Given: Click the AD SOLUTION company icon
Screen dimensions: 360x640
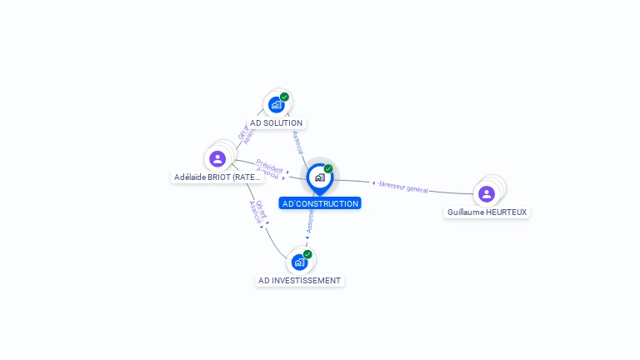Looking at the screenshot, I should pos(276,105).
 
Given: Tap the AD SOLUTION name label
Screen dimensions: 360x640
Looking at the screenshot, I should pos(276,122).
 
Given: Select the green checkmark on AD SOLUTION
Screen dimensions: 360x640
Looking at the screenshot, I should pos(284,97).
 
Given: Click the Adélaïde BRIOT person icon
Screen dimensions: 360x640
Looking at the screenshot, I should pos(217,158).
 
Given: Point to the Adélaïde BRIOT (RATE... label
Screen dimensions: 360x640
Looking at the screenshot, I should pos(217,177).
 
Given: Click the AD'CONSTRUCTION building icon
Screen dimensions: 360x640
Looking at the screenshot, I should pos(319,177).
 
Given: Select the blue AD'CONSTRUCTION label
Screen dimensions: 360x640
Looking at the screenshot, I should pos(320,203).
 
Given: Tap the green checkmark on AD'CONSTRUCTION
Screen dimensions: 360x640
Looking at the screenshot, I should pos(328,169).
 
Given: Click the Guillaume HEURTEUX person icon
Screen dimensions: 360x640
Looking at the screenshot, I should pos(487,193).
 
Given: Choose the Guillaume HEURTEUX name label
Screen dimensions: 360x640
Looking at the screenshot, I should pos(487,212).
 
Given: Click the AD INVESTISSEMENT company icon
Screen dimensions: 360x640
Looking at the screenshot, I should pos(299,262).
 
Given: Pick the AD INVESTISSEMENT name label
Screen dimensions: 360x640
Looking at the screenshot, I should pos(299,280).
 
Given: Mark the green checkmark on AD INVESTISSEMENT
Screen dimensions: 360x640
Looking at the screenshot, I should pos(307,254).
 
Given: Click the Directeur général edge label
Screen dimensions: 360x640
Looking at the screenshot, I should pos(403,187).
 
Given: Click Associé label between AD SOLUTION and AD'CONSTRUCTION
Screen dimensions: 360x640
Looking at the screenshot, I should pos(297,142).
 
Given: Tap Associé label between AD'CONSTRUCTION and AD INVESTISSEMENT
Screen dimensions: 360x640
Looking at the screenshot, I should pos(310,221).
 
